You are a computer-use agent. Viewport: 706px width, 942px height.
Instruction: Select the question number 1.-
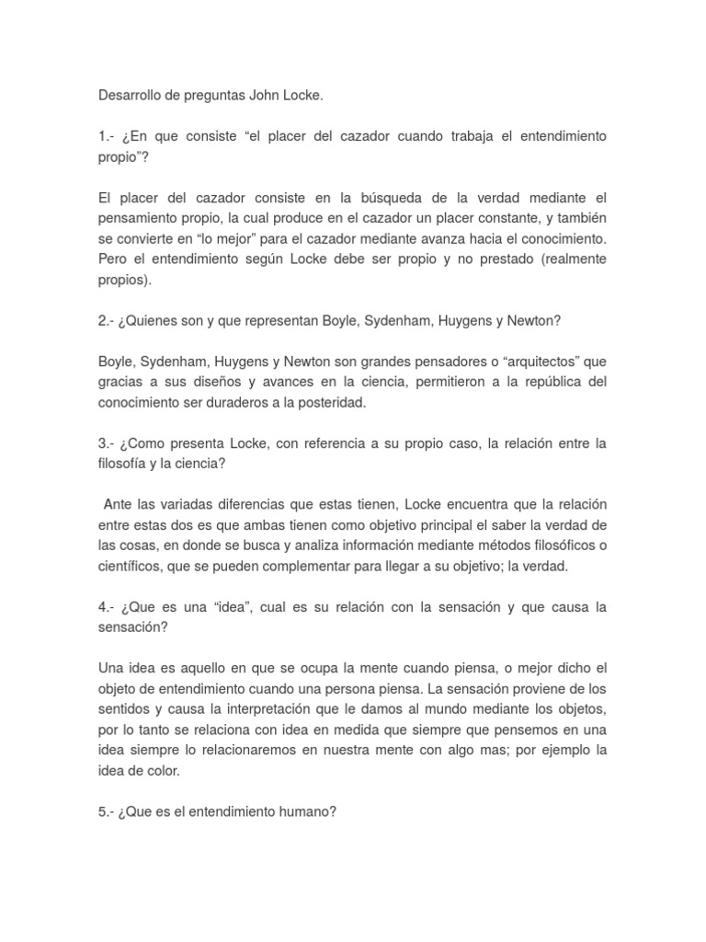pos(108,136)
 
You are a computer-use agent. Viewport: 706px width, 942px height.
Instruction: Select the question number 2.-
pos(108,320)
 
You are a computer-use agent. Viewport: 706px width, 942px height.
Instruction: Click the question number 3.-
pos(108,443)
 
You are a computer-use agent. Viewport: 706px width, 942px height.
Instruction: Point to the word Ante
pos(118,505)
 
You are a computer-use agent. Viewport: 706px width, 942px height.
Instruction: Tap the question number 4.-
pos(108,607)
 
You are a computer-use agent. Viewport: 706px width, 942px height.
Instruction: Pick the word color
pos(165,771)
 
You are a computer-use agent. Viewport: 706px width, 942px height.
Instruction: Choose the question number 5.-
pos(108,812)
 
